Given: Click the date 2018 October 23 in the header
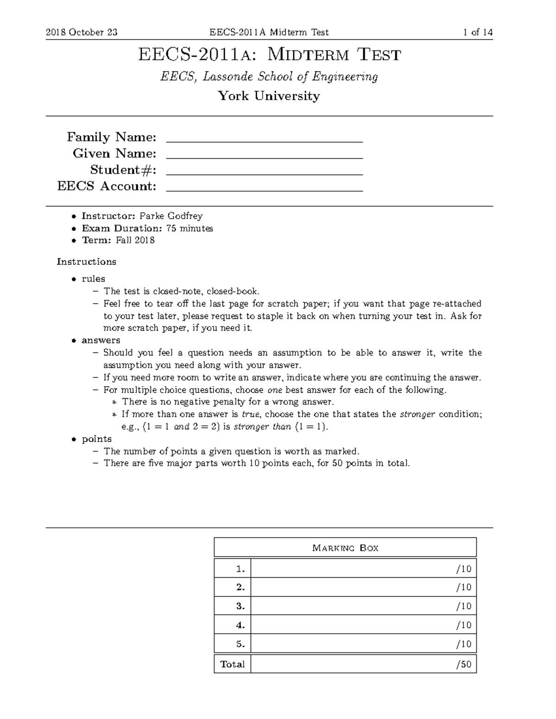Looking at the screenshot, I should pos(82,32).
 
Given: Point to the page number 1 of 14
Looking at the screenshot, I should pos(477,32).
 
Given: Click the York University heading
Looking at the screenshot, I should pos(269,96).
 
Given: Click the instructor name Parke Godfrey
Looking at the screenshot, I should pos(171,216).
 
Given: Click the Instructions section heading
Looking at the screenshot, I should pos(86,262).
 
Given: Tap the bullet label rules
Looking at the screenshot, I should pos(93,279).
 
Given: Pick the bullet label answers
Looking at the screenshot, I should pos(101,340).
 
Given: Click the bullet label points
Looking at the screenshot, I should pos(96,439).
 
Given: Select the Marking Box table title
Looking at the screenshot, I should pos(345,548).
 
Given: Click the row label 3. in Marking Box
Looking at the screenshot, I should pos(240,606).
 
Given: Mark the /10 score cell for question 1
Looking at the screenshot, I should pos(463,569).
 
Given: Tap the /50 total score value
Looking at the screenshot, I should pos(463,664).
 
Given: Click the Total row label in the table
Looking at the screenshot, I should pos(233,664).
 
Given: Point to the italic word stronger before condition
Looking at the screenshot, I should pos(417,414).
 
